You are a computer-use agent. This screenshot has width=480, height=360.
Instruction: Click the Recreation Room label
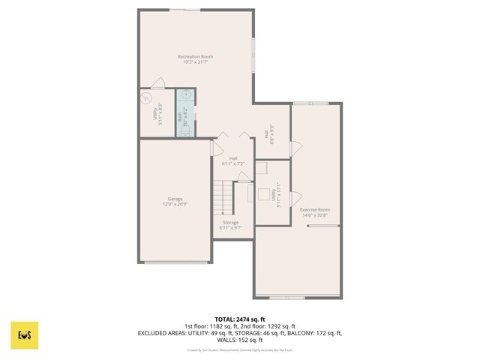[x=195, y=57]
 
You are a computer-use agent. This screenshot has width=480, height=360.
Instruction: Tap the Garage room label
[x=175, y=199]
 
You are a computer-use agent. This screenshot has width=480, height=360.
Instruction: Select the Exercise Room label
[x=314, y=209]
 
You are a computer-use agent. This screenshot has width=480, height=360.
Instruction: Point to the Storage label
[x=230, y=222]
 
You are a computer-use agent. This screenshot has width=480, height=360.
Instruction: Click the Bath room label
[x=180, y=117]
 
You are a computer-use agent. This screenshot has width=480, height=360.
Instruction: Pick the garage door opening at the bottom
[x=176, y=262]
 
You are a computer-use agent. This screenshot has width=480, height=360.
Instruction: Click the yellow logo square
[x=25, y=335]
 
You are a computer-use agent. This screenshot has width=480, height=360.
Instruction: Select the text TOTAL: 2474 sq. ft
[x=240, y=319]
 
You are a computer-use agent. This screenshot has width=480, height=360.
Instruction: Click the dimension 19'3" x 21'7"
[x=195, y=62]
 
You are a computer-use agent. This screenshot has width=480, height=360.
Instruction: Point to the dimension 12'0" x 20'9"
[x=175, y=204]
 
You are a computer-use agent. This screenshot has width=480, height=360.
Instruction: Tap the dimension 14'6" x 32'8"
[x=314, y=214]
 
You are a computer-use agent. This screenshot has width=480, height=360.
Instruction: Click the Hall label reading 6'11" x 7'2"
[x=233, y=161]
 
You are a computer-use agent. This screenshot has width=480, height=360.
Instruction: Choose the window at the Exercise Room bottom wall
[x=286, y=298]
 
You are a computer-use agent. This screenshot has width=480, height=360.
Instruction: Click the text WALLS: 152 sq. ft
[x=240, y=339]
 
